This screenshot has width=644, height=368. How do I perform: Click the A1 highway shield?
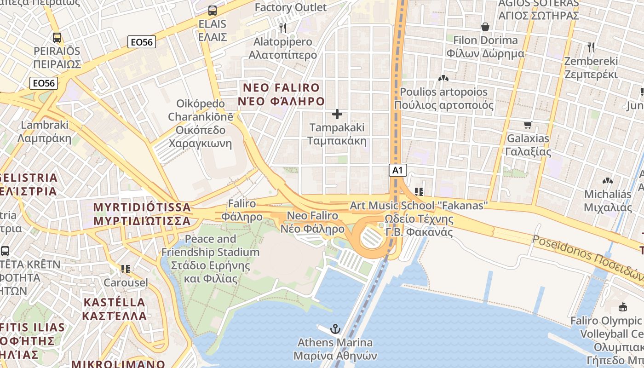coord(398,170)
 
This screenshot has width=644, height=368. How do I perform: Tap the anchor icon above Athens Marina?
coord(335,329)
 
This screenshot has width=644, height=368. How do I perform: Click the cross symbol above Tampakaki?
coord(337,114)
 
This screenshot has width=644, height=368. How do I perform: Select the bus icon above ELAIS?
coord(212,10)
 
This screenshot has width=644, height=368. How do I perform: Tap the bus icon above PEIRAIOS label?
coord(57,38)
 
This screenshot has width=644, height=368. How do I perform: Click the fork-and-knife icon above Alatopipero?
coord(283,28)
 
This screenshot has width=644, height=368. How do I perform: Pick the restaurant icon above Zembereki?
coord(591,47)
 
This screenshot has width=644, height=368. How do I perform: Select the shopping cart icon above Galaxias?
coord(528,125)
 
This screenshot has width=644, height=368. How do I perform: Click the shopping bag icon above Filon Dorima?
coord(485,27)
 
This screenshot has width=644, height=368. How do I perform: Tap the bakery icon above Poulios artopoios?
coord(443,78)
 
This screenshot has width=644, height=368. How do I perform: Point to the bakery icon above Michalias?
coord(607,181)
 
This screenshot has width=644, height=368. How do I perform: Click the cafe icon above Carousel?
coord(125,269)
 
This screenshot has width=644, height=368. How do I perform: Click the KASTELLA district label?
coord(114,309)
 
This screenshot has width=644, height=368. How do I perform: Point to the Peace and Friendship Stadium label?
coord(210,259)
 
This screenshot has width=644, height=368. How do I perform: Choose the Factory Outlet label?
coord(290,7)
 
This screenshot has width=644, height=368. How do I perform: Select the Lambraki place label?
coord(45,131)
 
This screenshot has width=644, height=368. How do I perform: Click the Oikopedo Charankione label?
coord(200,123)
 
